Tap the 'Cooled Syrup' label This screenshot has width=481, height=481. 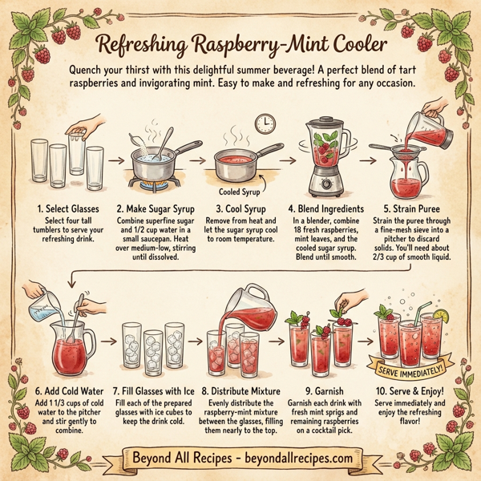(241, 192)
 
